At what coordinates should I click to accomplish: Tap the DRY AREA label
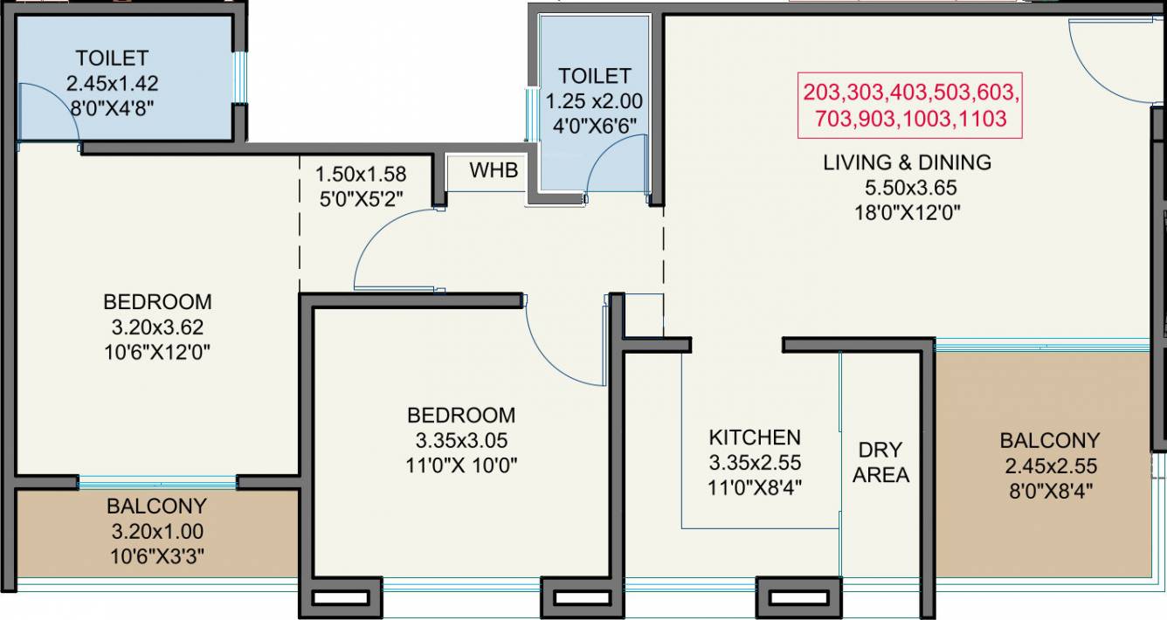[x=880, y=463]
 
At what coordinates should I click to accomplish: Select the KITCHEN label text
[x=754, y=437]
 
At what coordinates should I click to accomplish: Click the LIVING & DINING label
[x=908, y=162]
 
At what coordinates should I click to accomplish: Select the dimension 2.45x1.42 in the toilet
[x=112, y=84]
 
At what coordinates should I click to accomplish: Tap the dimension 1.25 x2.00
[x=594, y=101]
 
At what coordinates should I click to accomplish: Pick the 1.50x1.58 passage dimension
[x=361, y=174]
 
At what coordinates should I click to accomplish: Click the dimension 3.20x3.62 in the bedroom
[x=157, y=327]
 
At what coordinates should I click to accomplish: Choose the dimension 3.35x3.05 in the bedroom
[x=461, y=440]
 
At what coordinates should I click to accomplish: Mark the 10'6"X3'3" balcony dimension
[x=157, y=555]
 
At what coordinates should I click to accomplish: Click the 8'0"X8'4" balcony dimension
[x=1050, y=492]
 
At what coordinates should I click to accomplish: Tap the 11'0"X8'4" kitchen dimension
[x=754, y=487]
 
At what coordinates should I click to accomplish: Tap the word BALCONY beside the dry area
[x=1050, y=440]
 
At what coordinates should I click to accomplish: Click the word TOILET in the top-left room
[x=112, y=59]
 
